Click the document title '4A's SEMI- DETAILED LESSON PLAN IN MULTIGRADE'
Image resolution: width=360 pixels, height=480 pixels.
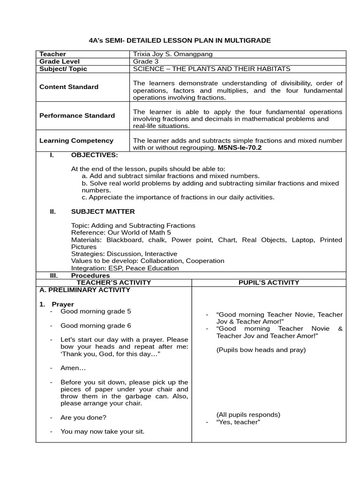coord(180,41)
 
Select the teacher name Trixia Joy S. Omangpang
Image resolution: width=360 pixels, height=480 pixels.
coord(172,54)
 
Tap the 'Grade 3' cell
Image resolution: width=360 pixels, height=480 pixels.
coord(146,61)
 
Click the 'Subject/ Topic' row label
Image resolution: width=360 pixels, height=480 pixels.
coord(63,69)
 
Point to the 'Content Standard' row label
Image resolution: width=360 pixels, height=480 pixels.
coord(68,87)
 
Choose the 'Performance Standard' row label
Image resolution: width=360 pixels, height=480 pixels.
coord(77,115)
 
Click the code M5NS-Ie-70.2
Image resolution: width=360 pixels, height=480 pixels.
coord(240,147)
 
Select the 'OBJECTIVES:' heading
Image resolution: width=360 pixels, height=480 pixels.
coord(94,155)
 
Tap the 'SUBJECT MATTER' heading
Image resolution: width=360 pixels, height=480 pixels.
coord(103,211)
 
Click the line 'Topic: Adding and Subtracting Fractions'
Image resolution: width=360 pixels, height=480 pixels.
coord(133,225)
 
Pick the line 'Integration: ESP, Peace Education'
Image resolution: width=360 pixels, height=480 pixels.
coord(125,268)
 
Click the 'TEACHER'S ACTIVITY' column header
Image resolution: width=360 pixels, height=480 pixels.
coord(114,282)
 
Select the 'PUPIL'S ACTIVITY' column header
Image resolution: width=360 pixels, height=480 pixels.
coord(269,282)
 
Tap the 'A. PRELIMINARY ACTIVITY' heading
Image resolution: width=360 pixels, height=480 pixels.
coord(84,290)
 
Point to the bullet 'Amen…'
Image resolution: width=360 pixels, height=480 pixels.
coord(70,368)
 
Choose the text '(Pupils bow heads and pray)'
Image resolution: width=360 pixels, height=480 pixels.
coord(261,350)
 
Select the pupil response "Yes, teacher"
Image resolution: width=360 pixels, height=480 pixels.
coord(238,422)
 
